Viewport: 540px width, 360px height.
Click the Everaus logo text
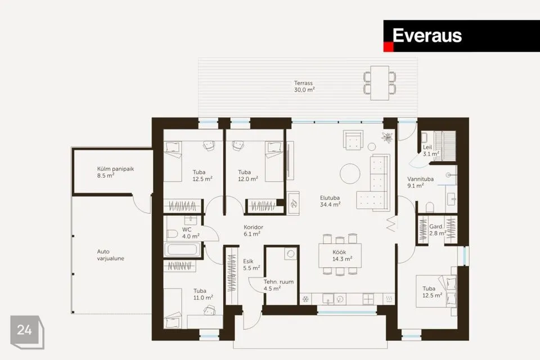pos(427,35)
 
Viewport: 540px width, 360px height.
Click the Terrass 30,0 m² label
pos(304,87)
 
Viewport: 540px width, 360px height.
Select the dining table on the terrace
pos(380,83)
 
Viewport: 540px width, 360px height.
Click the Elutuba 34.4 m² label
pos(330,201)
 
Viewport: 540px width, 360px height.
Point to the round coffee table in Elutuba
pos(350,173)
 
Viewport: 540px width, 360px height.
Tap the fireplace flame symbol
pos(294,204)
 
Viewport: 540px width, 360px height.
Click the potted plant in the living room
pos(388,137)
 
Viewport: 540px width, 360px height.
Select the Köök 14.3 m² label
pos(342,255)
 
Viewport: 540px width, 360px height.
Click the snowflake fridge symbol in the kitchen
pos(305,299)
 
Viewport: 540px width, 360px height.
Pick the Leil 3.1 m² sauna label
pos(430,151)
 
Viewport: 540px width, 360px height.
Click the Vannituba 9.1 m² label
pos(420,182)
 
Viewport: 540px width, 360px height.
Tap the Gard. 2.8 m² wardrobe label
pos(438,229)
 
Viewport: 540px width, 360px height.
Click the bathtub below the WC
pos(182,250)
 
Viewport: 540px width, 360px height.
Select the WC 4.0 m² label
pos(191,233)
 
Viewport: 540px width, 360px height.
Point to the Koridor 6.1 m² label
pos(253,231)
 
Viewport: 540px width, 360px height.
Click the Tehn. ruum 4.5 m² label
pos(278,285)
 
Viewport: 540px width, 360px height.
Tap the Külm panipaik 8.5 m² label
pos(115,172)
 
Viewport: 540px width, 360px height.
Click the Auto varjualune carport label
pos(110,255)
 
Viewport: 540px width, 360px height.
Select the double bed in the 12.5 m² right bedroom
pos(436,291)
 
